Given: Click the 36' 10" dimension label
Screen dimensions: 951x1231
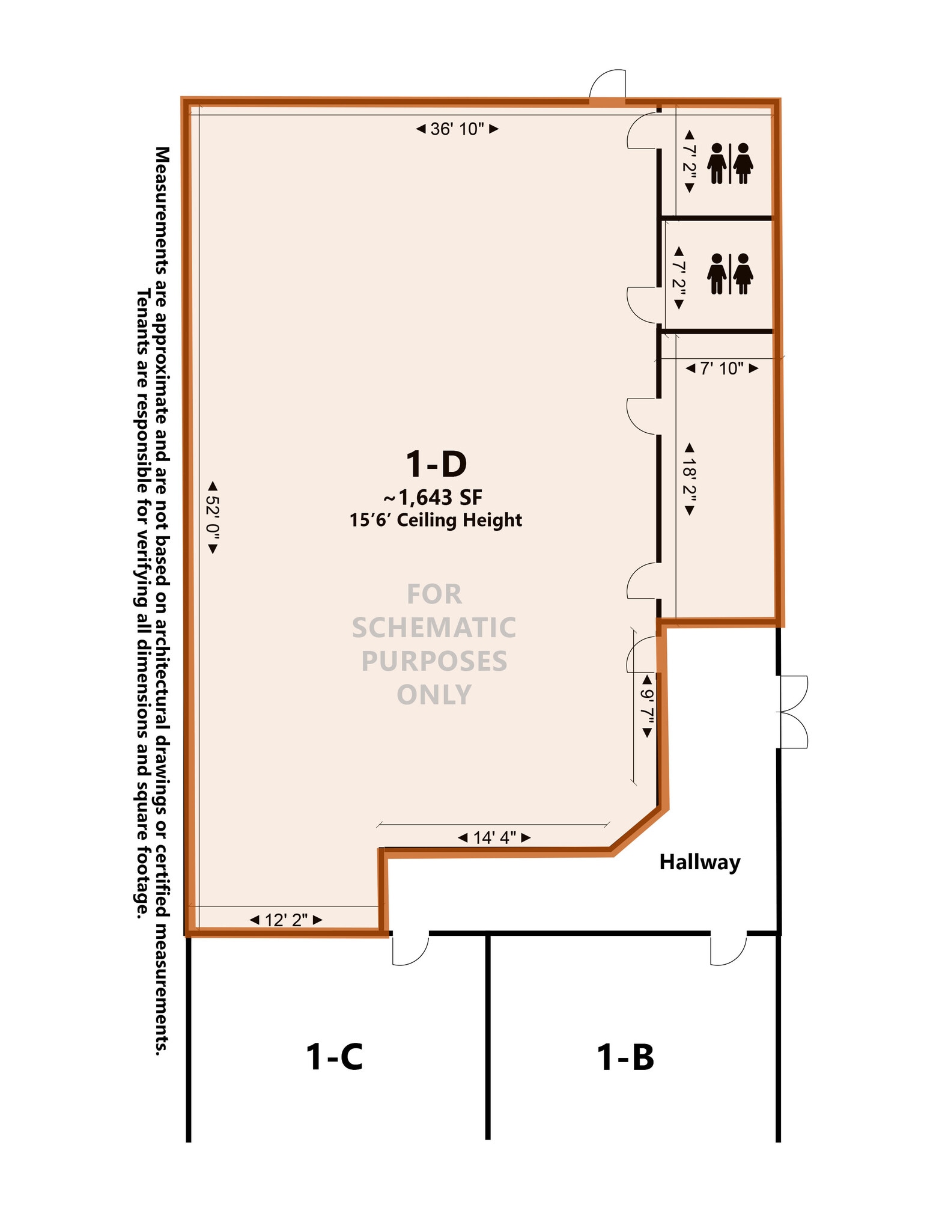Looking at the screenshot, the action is (x=457, y=129).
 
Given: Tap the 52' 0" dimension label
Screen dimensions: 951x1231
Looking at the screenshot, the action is (x=213, y=518).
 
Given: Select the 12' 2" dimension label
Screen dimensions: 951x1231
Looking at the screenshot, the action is (x=286, y=920).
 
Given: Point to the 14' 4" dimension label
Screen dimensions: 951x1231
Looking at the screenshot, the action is (x=494, y=837).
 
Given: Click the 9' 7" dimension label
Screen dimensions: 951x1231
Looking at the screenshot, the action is (x=647, y=706).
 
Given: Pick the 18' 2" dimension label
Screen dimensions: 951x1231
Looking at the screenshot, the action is (x=690, y=479).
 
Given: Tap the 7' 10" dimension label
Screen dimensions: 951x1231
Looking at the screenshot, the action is (x=722, y=368).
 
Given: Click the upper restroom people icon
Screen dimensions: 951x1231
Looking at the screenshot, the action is (x=730, y=163).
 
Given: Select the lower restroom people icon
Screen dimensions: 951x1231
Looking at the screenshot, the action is (x=730, y=273).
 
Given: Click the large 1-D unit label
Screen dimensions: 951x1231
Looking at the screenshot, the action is (x=436, y=463).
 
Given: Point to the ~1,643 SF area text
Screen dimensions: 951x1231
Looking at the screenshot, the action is (x=433, y=497).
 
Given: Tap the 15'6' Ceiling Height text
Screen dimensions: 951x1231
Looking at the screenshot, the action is (x=436, y=520).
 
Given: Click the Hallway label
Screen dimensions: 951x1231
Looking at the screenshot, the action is (x=700, y=862).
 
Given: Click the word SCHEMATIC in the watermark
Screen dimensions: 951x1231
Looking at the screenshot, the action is (x=434, y=628).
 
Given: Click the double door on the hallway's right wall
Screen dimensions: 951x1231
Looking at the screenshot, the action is (x=794, y=712).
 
